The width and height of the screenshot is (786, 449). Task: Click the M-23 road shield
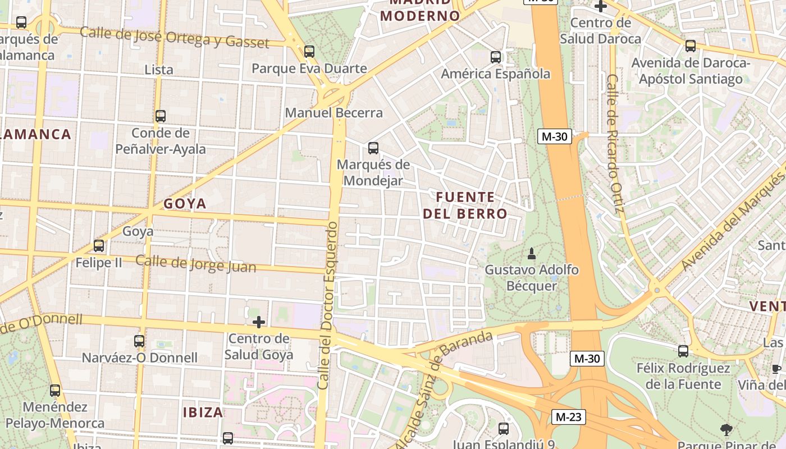(569, 416)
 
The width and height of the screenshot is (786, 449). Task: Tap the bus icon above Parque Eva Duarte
(309, 52)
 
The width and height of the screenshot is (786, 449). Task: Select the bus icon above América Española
(495, 57)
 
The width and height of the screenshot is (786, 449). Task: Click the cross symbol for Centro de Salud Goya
(259, 322)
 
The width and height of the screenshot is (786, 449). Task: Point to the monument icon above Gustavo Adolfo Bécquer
(532, 254)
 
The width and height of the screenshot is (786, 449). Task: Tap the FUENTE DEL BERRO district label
(465, 205)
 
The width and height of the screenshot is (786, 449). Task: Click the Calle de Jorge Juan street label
(196, 263)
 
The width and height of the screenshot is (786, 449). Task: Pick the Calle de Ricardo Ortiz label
(615, 144)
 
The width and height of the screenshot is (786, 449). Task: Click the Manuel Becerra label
(333, 113)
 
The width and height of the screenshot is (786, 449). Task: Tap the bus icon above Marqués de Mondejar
(373, 148)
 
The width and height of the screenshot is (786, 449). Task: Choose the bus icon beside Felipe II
(99, 246)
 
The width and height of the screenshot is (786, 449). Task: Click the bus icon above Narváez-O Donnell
(139, 341)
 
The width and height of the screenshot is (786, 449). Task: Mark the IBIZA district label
(203, 413)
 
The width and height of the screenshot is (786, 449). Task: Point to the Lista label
(159, 70)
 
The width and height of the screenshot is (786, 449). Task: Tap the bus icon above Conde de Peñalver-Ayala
(161, 116)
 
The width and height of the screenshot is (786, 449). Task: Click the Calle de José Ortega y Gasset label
(175, 37)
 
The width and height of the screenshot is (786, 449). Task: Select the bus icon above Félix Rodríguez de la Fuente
(683, 351)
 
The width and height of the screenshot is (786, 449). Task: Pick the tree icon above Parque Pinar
(726, 430)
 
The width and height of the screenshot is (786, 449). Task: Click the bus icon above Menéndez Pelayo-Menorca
(55, 390)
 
